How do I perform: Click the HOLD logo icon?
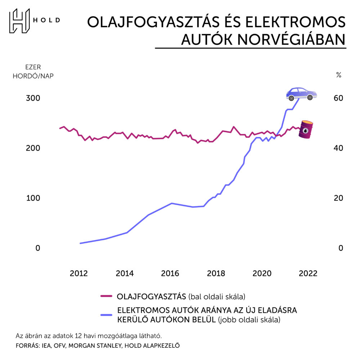20,21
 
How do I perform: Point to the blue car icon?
301,94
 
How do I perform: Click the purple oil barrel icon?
306,130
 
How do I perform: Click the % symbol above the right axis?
338,75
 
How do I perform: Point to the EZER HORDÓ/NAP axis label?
33,72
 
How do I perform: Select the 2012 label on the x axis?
79,273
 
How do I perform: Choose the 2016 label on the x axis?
171,273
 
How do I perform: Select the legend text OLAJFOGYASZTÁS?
151,297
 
